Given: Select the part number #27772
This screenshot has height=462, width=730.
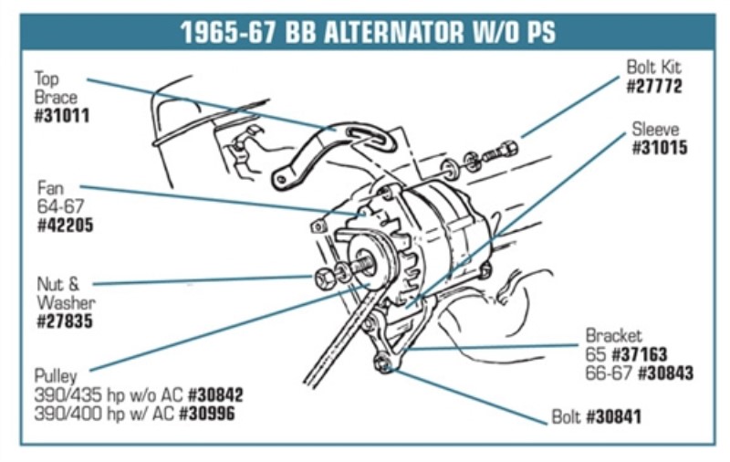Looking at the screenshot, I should coord(654,87).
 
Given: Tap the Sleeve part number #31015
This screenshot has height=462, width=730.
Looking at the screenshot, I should coord(660,149).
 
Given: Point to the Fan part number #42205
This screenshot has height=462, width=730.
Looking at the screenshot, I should coord(65,224).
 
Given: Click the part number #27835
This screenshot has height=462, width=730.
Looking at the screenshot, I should coord(65,321).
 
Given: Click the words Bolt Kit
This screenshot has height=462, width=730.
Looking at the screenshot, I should coord(653,68).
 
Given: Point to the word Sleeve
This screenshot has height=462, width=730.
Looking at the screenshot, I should coord(655,130).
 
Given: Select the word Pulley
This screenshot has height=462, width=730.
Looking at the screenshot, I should coord(56,376).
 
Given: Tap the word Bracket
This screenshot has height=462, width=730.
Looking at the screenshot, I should coord(613,336).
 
